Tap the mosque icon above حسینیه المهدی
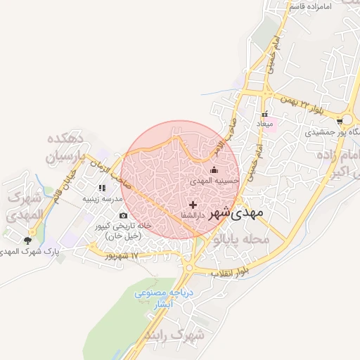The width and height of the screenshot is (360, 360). click(x=214, y=170)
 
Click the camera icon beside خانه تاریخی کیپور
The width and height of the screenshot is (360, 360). click(x=124, y=215)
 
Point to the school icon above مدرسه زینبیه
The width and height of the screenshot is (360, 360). click(x=102, y=188)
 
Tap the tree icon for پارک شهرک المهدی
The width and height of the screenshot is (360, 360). click(x=27, y=240)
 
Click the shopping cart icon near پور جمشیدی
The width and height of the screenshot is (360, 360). click(x=340, y=120)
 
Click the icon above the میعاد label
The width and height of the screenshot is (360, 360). click(x=265, y=115)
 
